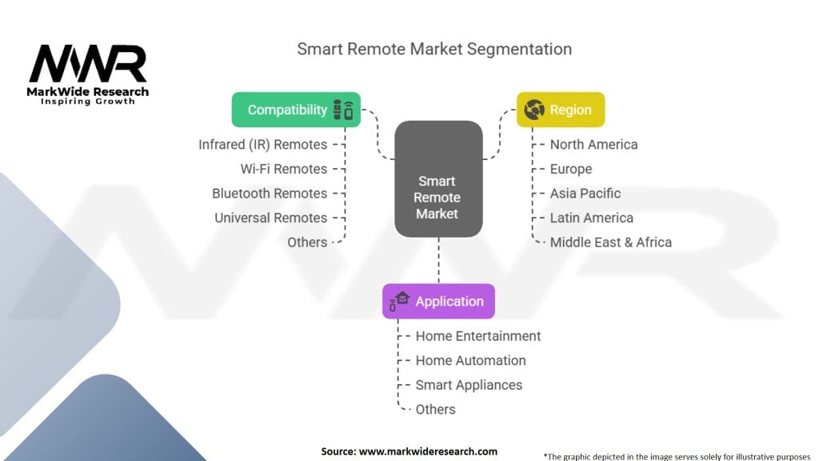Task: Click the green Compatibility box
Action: pyautogui.click(x=296, y=110)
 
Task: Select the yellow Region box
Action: pyautogui.click(x=561, y=110)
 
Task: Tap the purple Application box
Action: pyautogui.click(x=438, y=301)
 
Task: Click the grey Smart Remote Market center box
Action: pyautogui.click(x=438, y=178)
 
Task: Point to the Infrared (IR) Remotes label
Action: pyautogui.click(x=262, y=145)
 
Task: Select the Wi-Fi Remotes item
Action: pyautogui.click(x=284, y=169)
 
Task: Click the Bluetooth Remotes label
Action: pyautogui.click(x=270, y=194)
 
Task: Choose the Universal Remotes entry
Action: pyautogui.click(x=270, y=218)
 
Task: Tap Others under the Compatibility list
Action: pyautogui.click(x=307, y=243)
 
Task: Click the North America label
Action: pyautogui.click(x=594, y=145)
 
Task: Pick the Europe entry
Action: pyautogui.click(x=571, y=170)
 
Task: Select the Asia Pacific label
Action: pyautogui.click(x=585, y=194)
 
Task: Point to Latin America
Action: pyautogui.click(x=591, y=218)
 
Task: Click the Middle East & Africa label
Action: pyautogui.click(x=610, y=243)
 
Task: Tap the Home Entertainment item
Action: pyautogui.click(x=478, y=336)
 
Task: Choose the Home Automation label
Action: pyautogui.click(x=470, y=361)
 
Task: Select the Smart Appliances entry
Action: pyautogui.click(x=469, y=385)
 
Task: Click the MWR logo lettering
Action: pyautogui.click(x=88, y=64)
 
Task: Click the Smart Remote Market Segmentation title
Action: pyautogui.click(x=434, y=49)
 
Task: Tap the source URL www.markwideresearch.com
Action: pyautogui.click(x=428, y=451)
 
